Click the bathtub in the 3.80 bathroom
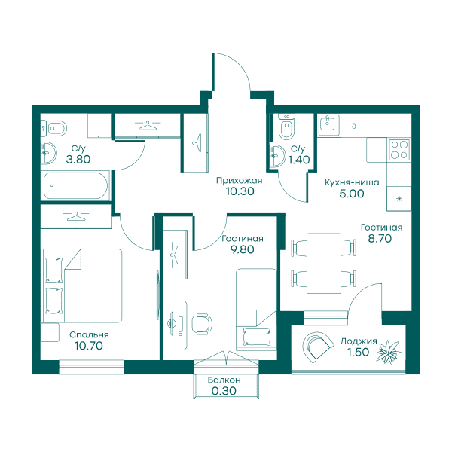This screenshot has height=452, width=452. [x=75, y=185]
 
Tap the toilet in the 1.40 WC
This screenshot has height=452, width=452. [x=286, y=127]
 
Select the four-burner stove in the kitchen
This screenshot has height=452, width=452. [x=399, y=150]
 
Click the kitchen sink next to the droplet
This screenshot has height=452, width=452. [x=329, y=125]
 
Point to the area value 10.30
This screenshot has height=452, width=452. [x=240, y=191]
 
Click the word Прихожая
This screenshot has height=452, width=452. [x=240, y=181]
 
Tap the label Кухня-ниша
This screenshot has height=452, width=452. [x=352, y=182]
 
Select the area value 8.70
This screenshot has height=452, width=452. [x=380, y=238]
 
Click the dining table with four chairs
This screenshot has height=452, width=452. [x=324, y=264]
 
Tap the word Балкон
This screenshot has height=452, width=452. [x=224, y=380]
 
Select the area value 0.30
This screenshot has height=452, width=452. [x=224, y=391]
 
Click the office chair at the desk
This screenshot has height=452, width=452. [x=202, y=324]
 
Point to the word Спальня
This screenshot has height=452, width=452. [x=89, y=335]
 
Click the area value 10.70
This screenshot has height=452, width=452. [x=89, y=346]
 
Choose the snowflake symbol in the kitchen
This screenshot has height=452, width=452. [x=399, y=199]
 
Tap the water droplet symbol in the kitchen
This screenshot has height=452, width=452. [x=354, y=126]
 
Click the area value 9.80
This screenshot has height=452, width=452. [x=242, y=249]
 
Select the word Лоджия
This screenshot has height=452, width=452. [x=359, y=341]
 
